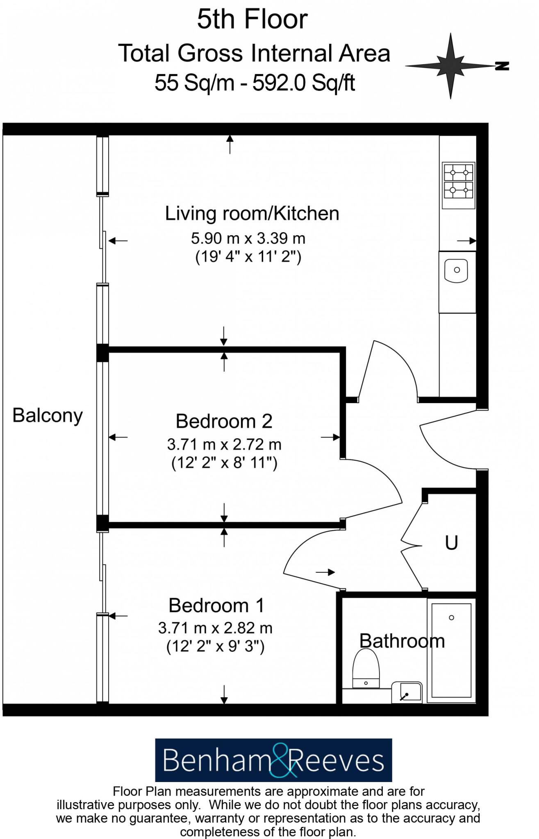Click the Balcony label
[x=48, y=415]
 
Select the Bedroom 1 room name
[x=216, y=605]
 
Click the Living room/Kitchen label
[x=252, y=213]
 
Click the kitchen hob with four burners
[x=458, y=185]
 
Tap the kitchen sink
[x=456, y=270]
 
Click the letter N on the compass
[x=502, y=66]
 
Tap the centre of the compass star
[x=450, y=66]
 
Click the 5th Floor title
[x=252, y=19]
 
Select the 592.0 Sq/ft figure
[x=303, y=83]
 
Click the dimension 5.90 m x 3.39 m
[x=248, y=238]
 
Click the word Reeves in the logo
[x=336, y=761]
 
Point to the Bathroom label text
[x=402, y=641]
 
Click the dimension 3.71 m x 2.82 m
[x=215, y=628]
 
